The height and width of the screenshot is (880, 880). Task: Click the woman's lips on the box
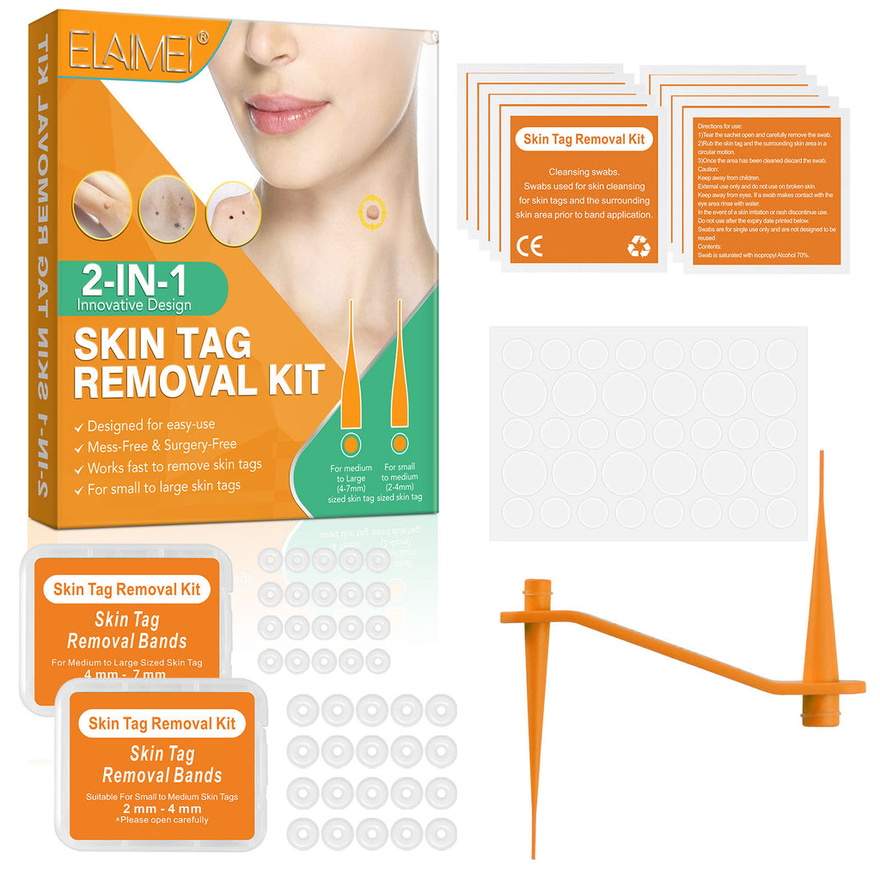click(x=285, y=113)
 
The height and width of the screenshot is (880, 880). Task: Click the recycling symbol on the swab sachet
click(x=639, y=247)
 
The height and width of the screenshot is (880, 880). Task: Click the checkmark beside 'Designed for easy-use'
click(x=79, y=425)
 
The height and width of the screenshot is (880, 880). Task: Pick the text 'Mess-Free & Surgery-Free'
click(x=162, y=446)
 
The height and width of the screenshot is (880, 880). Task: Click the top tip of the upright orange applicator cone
click(x=821, y=453)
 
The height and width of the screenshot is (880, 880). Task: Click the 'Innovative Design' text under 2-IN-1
click(x=133, y=304)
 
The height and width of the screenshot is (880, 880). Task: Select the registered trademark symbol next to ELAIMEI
click(x=203, y=37)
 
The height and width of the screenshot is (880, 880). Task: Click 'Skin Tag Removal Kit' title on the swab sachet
click(x=583, y=139)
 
